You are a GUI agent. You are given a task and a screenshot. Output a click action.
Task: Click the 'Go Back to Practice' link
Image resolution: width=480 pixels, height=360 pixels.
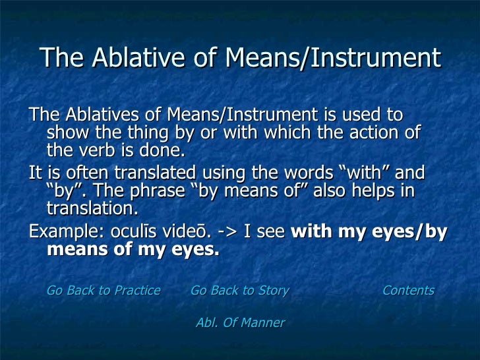(104, 291)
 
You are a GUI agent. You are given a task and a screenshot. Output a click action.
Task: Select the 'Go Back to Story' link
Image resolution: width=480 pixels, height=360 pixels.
(239, 291)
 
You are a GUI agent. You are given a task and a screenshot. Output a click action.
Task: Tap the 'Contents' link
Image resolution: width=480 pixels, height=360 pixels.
(408, 291)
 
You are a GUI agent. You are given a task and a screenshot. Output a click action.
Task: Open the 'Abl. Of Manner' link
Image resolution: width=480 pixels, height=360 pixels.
(240, 323)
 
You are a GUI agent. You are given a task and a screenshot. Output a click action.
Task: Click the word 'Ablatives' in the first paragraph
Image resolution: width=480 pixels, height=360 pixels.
(96, 114)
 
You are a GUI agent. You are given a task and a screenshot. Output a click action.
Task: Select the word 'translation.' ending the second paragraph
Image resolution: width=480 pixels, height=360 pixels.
(92, 209)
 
